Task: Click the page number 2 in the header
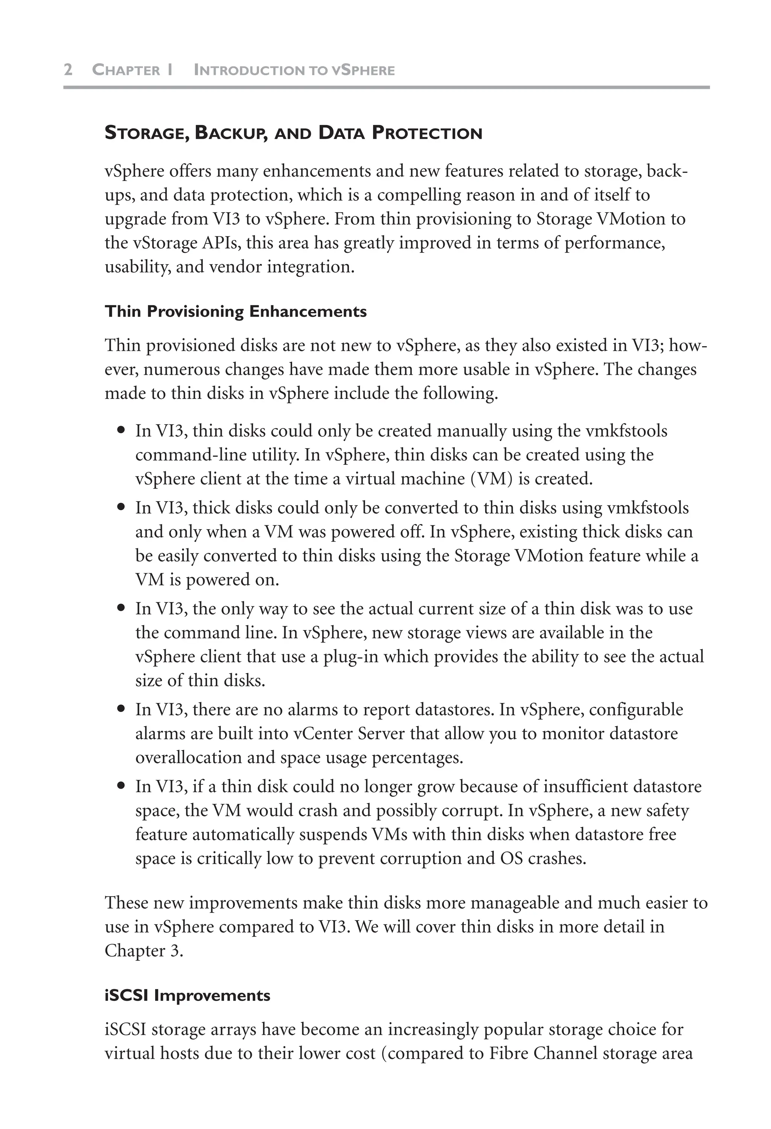coord(68,70)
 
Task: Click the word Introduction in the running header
coord(242,70)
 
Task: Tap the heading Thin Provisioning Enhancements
coord(236,311)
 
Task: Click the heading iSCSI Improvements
coord(187,995)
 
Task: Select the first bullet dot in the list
coord(122,431)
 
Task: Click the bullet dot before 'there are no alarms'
coord(122,709)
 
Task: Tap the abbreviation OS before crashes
coord(511,858)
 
